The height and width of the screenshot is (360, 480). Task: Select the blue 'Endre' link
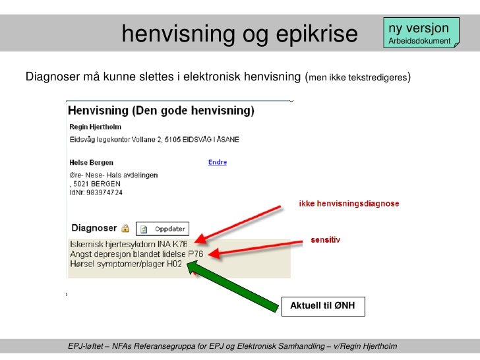point(218,162)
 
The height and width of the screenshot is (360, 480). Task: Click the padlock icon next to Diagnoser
point(125,228)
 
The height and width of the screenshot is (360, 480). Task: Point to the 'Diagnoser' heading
point(94,228)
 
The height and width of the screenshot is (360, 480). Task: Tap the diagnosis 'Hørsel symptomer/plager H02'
point(117,264)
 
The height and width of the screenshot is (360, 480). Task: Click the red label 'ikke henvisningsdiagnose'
point(349,204)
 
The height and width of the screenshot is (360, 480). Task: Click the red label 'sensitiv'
point(326,240)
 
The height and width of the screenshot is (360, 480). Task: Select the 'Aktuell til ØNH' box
point(323,306)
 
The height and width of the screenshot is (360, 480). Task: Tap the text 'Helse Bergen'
point(92,162)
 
